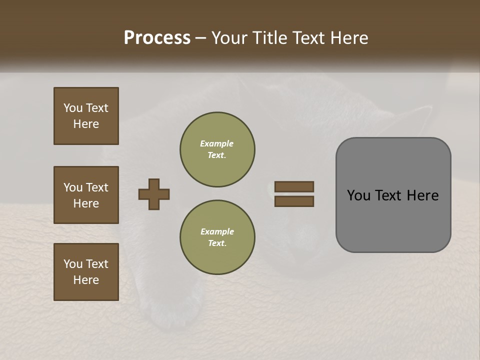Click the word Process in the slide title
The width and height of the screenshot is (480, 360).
[157, 38]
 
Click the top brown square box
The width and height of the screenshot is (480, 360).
[86, 116]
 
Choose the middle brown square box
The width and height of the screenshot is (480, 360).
[86, 195]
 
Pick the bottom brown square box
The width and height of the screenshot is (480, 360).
[86, 272]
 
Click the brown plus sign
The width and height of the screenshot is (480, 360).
[154, 194]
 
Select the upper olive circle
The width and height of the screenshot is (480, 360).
[217, 149]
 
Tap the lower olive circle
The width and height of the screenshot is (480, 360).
[217, 237]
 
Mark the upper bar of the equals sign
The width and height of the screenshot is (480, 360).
[294, 186]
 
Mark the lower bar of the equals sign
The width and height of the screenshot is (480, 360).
[294, 201]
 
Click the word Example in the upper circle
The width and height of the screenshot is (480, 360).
[217, 143]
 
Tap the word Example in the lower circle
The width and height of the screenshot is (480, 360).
[217, 231]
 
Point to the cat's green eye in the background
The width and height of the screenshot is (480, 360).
[270, 189]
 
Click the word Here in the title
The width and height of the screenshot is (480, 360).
[348, 38]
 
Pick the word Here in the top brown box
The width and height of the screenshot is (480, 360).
[86, 124]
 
